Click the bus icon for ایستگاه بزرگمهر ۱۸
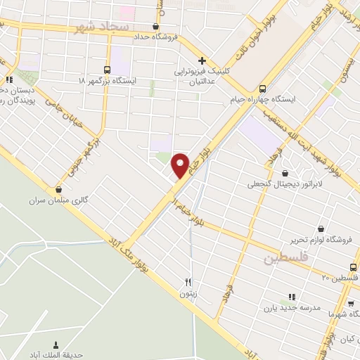107,70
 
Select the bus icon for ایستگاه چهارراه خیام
262,89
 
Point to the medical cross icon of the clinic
202,60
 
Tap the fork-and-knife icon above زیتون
187,283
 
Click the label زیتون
187,294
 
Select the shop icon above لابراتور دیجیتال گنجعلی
285,173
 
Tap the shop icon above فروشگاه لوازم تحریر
321,229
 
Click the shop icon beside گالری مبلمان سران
58,188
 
